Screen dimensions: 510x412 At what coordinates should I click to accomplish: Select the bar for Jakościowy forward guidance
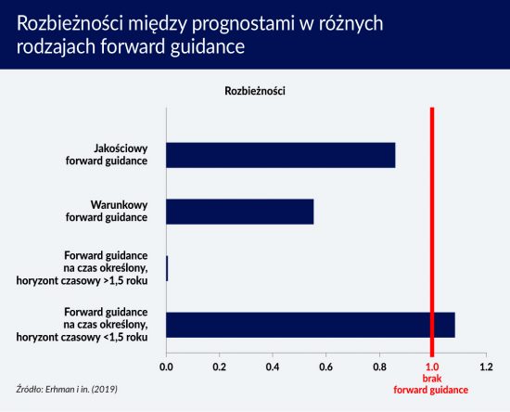281,155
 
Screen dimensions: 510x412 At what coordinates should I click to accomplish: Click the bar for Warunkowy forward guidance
240,212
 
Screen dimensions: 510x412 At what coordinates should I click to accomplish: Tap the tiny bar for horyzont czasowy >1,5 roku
167,268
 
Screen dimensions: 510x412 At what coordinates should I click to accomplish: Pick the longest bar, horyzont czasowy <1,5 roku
311,325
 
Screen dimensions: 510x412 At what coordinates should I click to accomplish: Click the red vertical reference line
432,232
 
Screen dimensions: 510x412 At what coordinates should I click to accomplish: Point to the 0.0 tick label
166,367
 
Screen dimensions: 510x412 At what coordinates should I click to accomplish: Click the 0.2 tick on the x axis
220,367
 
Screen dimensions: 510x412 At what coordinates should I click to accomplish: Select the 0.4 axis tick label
273,367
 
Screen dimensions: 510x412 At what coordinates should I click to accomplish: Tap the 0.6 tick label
325,367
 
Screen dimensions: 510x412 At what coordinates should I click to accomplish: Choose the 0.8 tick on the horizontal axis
379,367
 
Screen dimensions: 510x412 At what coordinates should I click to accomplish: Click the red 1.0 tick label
432,367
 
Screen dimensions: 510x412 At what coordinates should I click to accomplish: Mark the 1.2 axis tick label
486,367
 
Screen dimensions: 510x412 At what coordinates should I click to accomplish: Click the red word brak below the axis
432,379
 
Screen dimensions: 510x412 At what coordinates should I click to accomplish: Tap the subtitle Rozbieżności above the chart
255,91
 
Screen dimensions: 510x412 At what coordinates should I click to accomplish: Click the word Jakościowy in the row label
121,148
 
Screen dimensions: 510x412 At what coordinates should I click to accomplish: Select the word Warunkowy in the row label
119,205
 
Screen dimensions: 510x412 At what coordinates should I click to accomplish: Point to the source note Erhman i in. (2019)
82,389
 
